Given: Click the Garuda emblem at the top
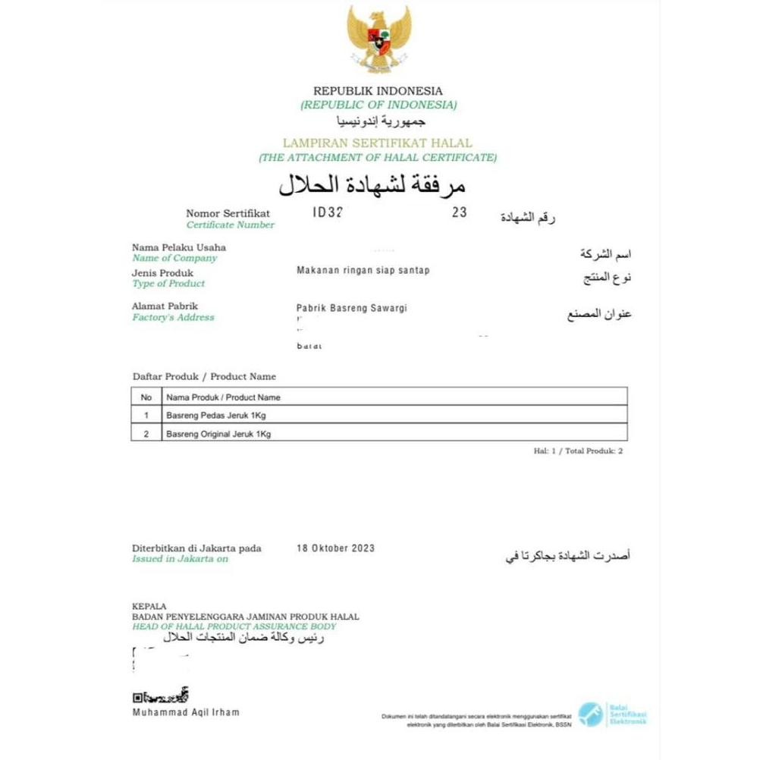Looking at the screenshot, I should pos(378,39).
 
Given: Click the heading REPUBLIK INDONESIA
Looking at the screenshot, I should pos(378,91).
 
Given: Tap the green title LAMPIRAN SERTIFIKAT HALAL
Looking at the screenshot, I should pos(377,143).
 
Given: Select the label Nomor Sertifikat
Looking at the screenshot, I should pos(228,214).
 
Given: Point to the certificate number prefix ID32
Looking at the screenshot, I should pos(328,213).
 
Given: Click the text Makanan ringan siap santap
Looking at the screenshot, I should pos(363,271).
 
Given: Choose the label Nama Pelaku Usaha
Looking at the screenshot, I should pos(179,247).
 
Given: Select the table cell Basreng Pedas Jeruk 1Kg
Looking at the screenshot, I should pos(216,416).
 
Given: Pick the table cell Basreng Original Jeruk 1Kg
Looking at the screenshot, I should pos(218,434).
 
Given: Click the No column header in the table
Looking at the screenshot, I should pos(146,397).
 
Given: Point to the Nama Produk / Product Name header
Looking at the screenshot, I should pos(223,397).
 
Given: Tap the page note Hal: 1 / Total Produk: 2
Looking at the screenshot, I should pos(578,451).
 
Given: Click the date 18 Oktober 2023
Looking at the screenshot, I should pos(334,548).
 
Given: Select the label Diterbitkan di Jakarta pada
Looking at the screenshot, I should pos(196,548).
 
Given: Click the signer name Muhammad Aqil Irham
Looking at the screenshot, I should pos(186,712).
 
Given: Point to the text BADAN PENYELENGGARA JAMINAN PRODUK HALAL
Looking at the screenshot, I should pos(246,617).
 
